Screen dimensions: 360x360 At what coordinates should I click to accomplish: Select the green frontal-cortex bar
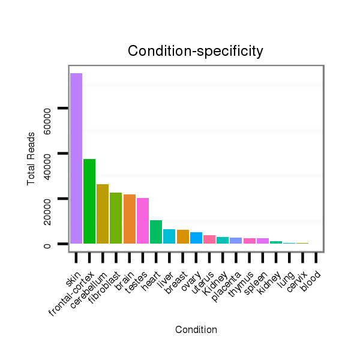pyautogui.click(x=89, y=202)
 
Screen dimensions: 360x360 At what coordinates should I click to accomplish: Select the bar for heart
pyautogui.click(x=156, y=232)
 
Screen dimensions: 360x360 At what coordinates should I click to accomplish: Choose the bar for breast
pyautogui.click(x=183, y=237)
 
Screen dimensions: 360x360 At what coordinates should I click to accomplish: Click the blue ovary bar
pyautogui.click(x=196, y=238)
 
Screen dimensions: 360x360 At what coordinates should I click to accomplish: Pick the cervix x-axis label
pyautogui.click(x=297, y=279)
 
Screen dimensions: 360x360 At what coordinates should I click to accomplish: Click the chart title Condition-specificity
pyautogui.click(x=196, y=52)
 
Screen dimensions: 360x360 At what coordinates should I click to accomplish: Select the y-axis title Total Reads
pyautogui.click(x=31, y=158)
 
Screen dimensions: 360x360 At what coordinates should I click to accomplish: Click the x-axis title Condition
pyautogui.click(x=196, y=329)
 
